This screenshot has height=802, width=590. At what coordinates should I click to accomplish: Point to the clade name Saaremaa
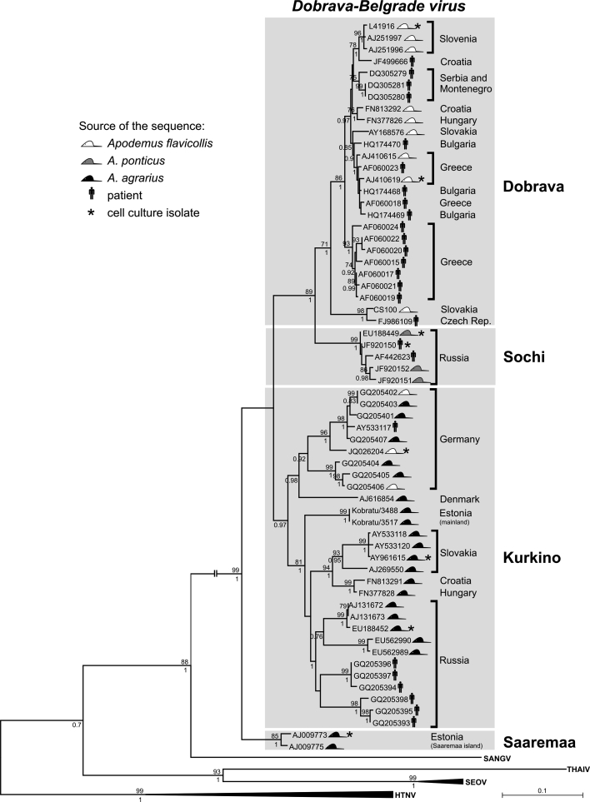point(489,742)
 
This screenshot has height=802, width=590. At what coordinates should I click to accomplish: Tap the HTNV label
point(407,795)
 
